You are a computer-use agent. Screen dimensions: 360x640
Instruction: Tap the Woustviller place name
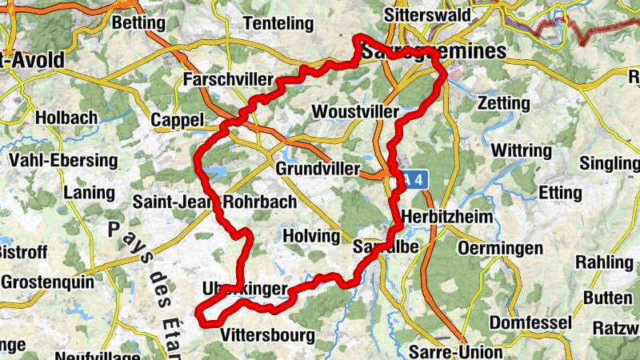point(355,110)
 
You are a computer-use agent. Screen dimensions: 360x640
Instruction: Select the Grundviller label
point(314,169)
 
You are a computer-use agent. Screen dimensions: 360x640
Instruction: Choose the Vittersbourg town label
point(267,335)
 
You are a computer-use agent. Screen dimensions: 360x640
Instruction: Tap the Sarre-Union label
point(455,351)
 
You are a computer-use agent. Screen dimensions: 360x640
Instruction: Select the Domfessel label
point(530,322)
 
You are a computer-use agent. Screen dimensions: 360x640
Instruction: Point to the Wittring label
point(521,150)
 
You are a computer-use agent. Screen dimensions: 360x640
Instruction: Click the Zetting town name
point(503,103)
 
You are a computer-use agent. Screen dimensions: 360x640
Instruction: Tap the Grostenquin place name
point(48,282)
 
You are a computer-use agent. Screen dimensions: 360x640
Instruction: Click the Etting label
point(560,193)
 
